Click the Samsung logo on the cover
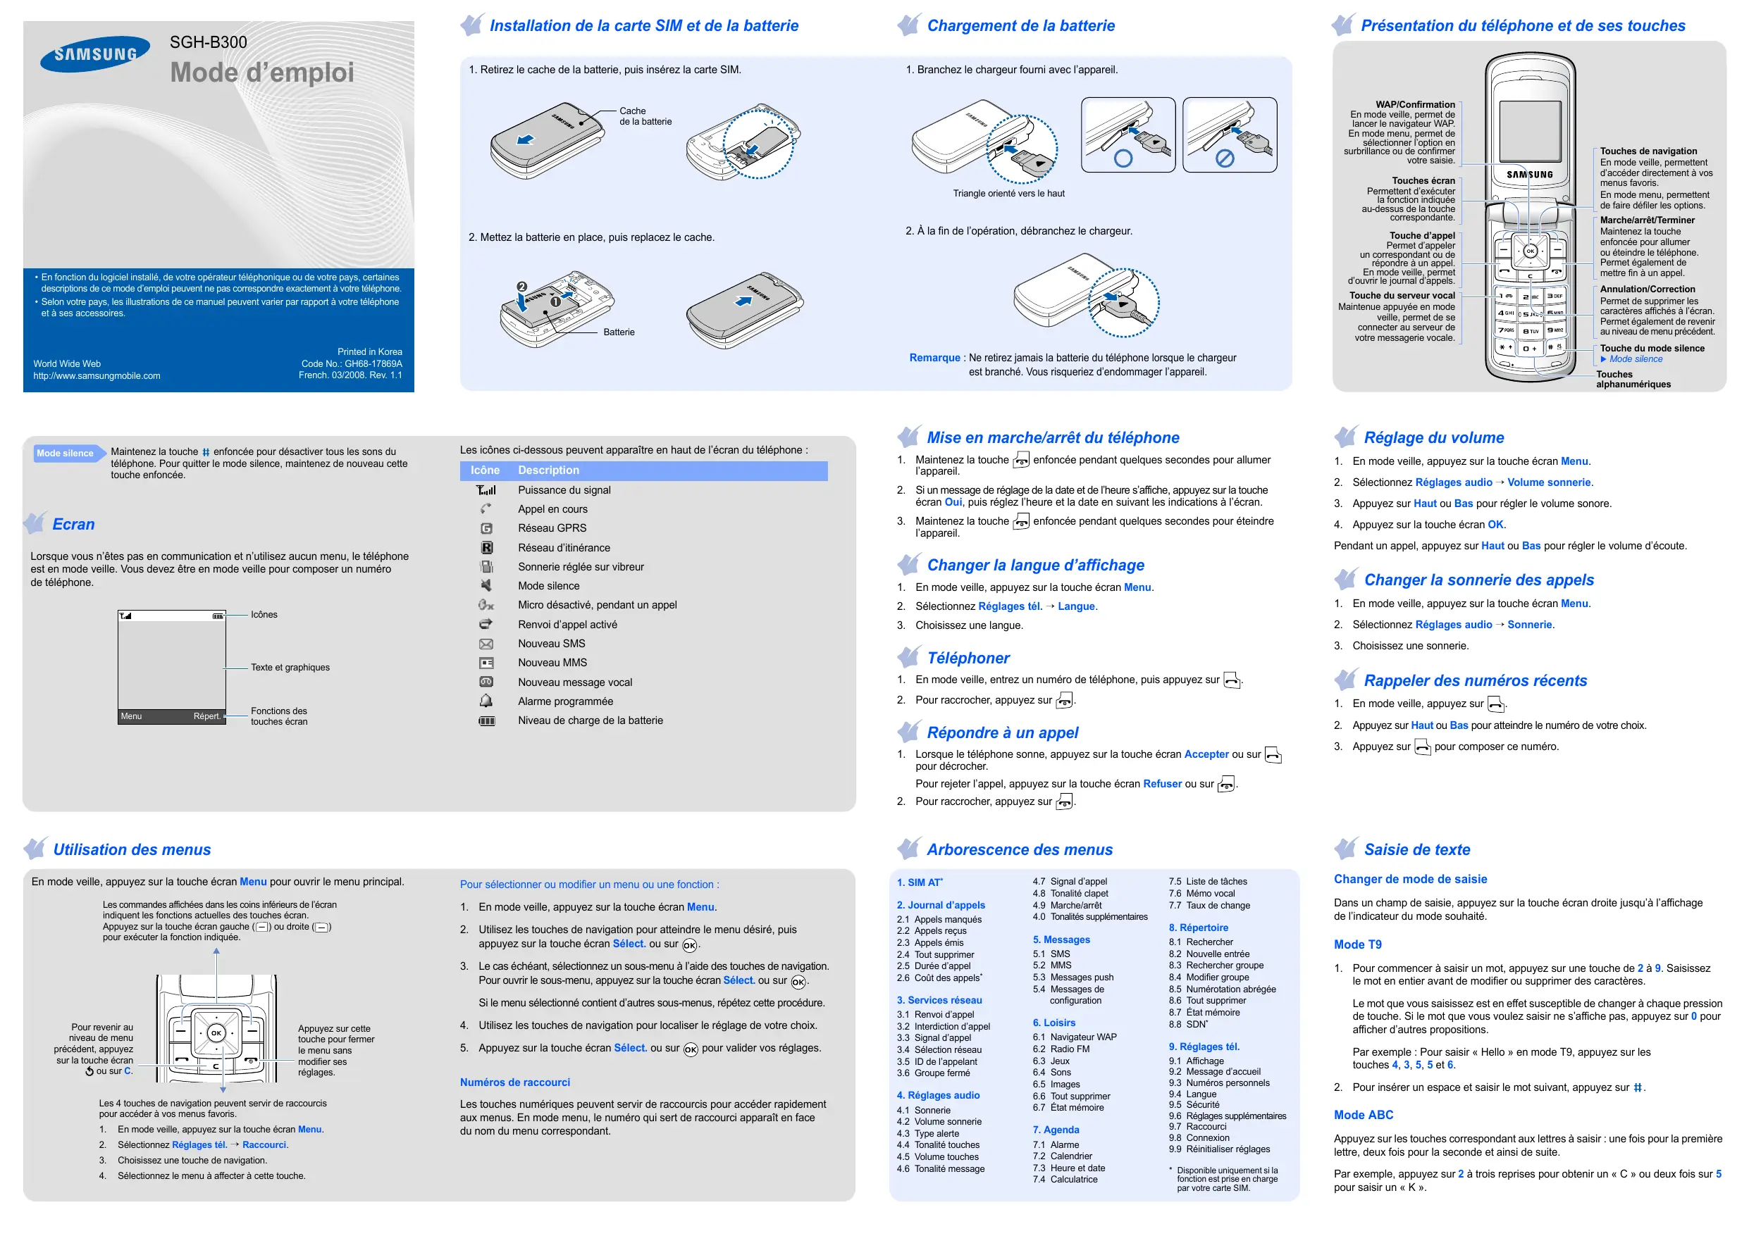pyautogui.click(x=95, y=54)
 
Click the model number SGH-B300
pyautogui.click(x=208, y=43)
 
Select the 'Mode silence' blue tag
pyautogui.click(x=66, y=453)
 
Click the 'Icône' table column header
pyautogui.click(x=485, y=470)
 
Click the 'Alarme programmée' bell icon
pyautogui.click(x=486, y=701)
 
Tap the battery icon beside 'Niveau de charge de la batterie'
pyautogui.click(x=486, y=720)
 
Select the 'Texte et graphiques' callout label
pyautogui.click(x=290, y=667)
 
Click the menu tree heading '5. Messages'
pyautogui.click(x=1061, y=940)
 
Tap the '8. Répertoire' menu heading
pyautogui.click(x=1198, y=928)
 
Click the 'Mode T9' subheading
pyautogui.click(x=1357, y=944)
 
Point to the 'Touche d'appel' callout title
pyautogui.click(x=1421, y=235)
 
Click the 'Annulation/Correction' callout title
pyautogui.click(x=1647, y=289)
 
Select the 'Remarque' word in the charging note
pyautogui.click(x=934, y=358)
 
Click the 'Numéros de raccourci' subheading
pyautogui.click(x=514, y=1082)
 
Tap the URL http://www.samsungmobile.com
pyautogui.click(x=97, y=376)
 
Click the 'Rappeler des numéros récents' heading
pyautogui.click(x=1475, y=681)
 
